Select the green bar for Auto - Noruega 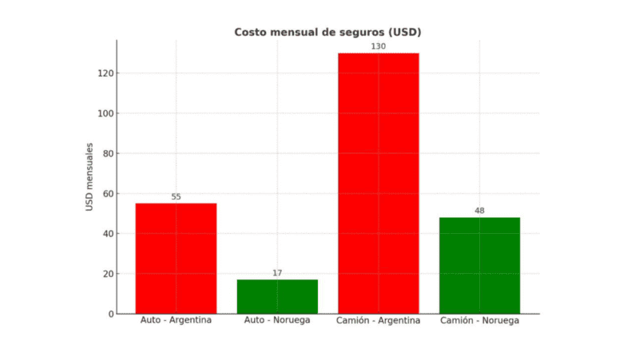point(277,296)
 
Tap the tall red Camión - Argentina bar point(379,183)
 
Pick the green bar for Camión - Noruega point(479,265)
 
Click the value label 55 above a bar point(176,196)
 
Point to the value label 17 point(277,273)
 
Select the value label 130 point(379,46)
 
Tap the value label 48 point(479,211)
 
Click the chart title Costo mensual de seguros point(327,32)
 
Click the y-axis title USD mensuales point(90,177)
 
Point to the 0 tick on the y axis point(111,314)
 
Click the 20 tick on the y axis point(109,274)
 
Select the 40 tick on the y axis point(109,234)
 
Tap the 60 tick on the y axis point(109,193)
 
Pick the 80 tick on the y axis point(109,153)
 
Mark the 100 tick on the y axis point(106,113)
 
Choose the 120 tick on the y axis point(106,73)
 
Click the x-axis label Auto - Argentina point(176,321)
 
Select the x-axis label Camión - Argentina point(379,321)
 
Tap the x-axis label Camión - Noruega point(479,321)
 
